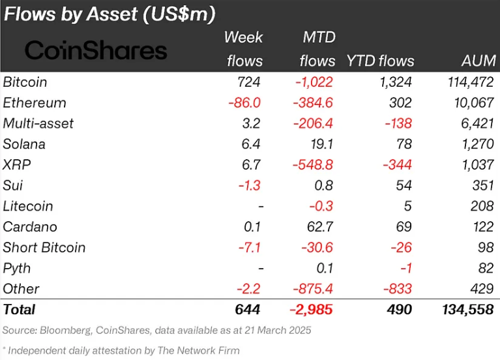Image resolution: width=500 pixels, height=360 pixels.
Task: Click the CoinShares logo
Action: pyautogui.click(x=96, y=50)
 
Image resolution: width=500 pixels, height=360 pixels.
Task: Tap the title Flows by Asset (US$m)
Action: pyautogui.click(x=110, y=14)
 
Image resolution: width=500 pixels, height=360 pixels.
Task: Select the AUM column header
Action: pyautogui.click(x=478, y=61)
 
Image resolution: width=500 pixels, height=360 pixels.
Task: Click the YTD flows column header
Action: pyautogui.click(x=381, y=61)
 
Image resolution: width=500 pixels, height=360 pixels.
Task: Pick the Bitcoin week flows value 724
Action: pyautogui.click(x=249, y=82)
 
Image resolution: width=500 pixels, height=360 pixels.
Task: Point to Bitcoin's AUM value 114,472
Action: pyautogui.click(x=471, y=82)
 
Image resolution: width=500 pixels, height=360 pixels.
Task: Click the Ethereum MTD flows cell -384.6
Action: pyautogui.click(x=313, y=103)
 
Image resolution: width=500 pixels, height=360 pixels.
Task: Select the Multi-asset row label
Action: pyautogui.click(x=38, y=123)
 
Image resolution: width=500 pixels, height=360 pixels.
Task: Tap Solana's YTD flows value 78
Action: pyautogui.click(x=404, y=144)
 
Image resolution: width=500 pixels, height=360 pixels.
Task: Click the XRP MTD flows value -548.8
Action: pyautogui.click(x=313, y=165)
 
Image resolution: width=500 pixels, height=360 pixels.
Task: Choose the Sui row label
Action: pyautogui.click(x=13, y=185)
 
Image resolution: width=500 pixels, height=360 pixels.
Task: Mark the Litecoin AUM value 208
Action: pyautogui.click(x=482, y=206)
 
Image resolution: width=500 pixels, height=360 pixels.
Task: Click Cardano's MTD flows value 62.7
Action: pyautogui.click(x=320, y=227)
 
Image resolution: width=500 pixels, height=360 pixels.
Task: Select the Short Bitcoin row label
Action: pyautogui.click(x=44, y=248)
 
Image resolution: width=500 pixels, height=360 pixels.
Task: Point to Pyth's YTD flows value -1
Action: pyautogui.click(x=406, y=268)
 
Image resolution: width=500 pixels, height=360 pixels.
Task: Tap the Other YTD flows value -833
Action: pyautogui.click(x=398, y=289)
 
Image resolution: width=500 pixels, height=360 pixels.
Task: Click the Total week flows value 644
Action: pyautogui.click(x=248, y=310)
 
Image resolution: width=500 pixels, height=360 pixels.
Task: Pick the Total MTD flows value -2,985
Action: pyautogui.click(x=311, y=310)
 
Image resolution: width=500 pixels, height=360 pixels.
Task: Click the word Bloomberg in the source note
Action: pyautogui.click(x=66, y=330)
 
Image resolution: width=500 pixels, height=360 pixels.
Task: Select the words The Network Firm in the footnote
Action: pyautogui.click(x=199, y=350)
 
